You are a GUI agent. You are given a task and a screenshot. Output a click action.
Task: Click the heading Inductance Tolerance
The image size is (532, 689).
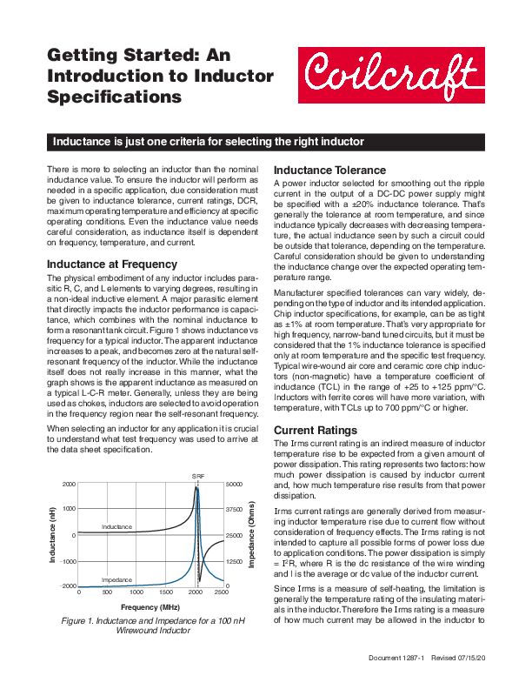(x=329, y=170)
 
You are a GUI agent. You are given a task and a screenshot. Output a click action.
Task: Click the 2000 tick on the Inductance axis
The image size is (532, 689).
(x=69, y=484)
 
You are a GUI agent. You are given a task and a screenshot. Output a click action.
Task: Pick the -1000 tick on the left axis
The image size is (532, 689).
(x=67, y=562)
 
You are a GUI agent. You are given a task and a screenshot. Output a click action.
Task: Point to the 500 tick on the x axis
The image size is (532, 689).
(x=108, y=592)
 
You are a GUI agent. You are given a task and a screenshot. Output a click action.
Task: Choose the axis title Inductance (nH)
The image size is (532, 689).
(x=51, y=535)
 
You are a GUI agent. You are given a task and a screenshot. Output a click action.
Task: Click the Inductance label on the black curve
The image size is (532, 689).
(x=116, y=528)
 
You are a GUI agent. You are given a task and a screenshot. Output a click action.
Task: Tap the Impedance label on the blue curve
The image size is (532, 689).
(x=117, y=579)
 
